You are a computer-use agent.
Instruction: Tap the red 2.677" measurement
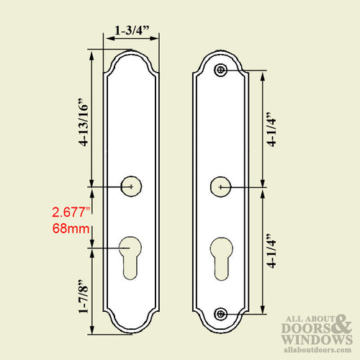point(71,212)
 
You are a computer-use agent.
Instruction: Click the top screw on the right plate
point(221,70)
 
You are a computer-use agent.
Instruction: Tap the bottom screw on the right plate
point(221,315)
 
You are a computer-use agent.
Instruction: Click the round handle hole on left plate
point(131,186)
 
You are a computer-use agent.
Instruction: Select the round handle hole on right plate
point(220,186)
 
